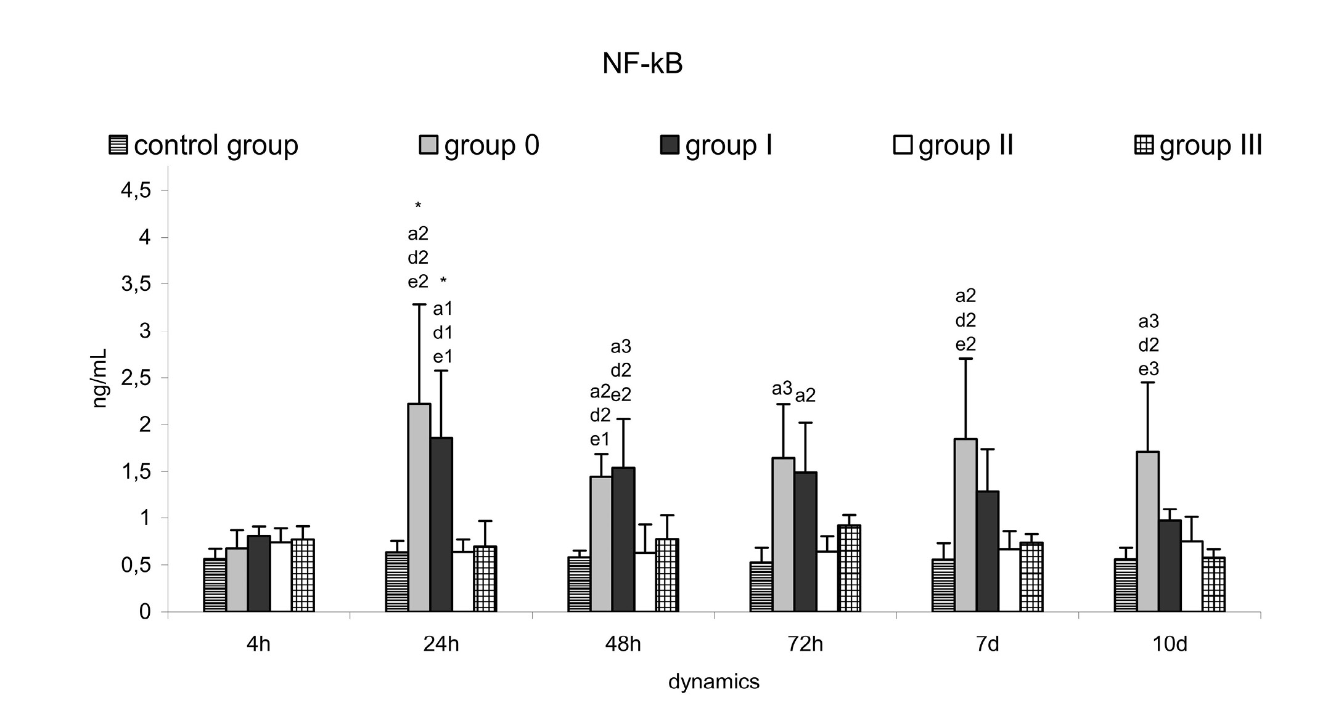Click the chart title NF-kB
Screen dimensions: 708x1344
[x=642, y=64]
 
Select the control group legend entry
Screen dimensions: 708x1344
[x=204, y=145]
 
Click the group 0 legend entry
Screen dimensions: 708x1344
[x=479, y=145]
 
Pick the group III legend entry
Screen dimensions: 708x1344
[x=1199, y=145]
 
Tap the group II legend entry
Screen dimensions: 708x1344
[x=953, y=145]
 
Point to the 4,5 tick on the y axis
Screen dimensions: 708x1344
[x=136, y=191]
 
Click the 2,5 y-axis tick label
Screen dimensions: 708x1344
[x=136, y=378]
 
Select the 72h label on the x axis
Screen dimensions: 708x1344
[x=805, y=645]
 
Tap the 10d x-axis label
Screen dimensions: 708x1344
[x=1170, y=645]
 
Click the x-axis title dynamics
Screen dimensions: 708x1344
[x=714, y=682]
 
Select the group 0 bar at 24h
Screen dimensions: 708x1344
[x=419, y=508]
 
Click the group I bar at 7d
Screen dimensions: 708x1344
[x=988, y=551]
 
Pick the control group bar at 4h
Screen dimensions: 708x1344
[x=215, y=585]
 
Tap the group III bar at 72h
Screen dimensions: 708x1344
[x=849, y=568]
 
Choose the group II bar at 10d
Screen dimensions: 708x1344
[x=1192, y=576]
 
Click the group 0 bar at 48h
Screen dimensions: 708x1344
[x=601, y=543]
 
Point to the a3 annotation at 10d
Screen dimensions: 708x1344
[x=1149, y=321]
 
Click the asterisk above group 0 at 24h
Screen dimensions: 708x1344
[x=418, y=206]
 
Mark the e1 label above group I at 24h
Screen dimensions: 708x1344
[x=443, y=357]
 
